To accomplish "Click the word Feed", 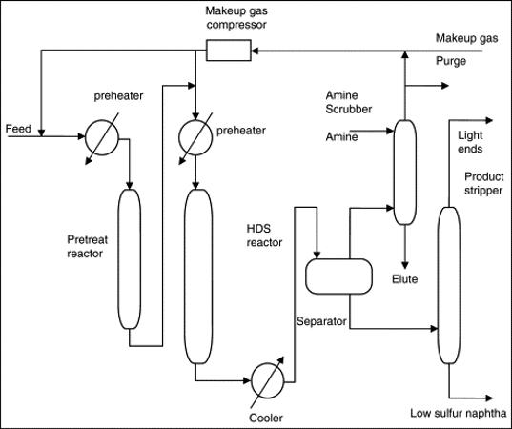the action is [18, 129].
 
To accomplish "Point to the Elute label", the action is [405, 279].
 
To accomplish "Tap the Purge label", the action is [451, 61].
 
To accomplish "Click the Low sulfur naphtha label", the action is [459, 413].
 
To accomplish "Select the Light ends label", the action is [470, 142].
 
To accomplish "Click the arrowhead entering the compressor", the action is [255, 51].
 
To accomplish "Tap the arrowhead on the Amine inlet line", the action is [390, 131].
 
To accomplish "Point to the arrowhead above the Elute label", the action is [405, 265].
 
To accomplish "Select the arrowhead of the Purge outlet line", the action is [445, 86].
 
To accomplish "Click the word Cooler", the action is [266, 418].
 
